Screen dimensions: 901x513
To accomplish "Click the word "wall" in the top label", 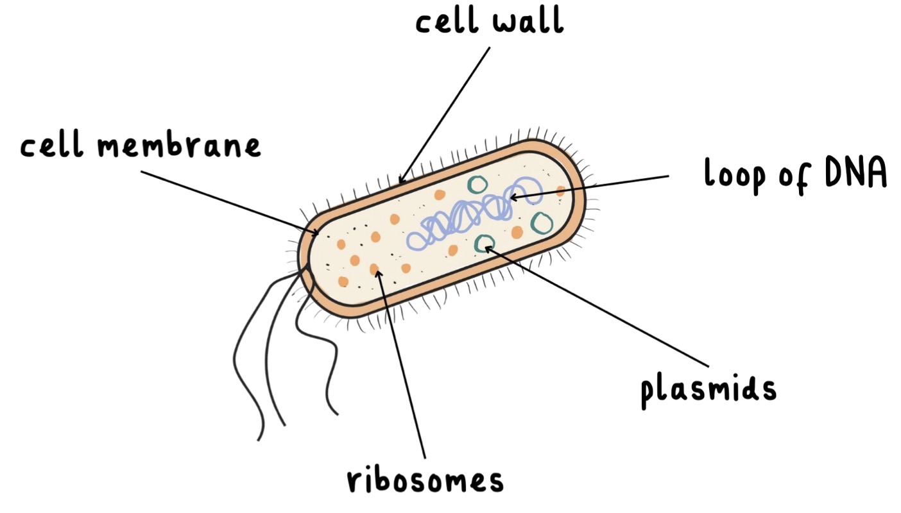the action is tap(528, 21).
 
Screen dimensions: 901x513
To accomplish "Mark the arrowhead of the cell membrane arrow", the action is tap(316, 232).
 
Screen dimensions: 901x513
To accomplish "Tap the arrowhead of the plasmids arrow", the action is tap(486, 248).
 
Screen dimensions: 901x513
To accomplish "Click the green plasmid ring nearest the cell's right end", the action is tap(542, 223).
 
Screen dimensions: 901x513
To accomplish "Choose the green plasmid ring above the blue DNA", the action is tap(477, 185).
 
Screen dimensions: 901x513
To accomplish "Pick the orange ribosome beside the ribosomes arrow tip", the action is tap(373, 269).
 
